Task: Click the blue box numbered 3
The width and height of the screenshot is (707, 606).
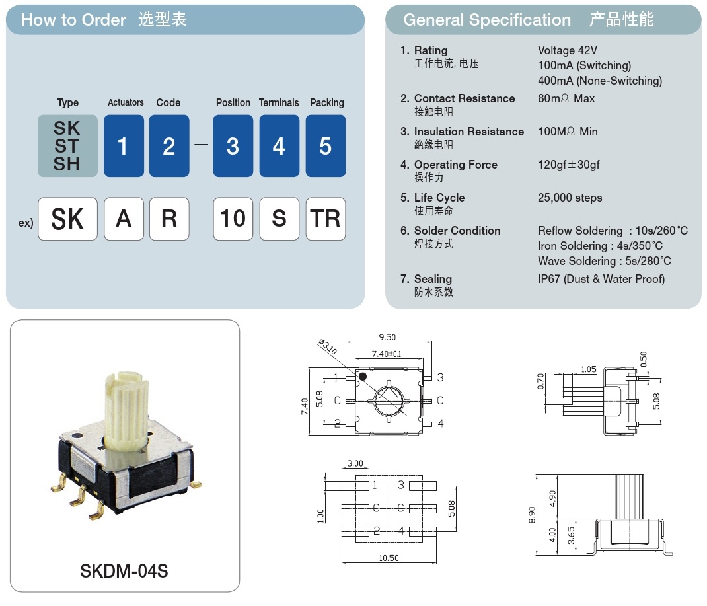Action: point(233,146)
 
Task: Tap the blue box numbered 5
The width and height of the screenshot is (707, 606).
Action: point(325,146)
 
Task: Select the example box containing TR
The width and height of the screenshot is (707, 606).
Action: point(325,219)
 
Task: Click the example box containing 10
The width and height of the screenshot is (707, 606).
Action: point(233,219)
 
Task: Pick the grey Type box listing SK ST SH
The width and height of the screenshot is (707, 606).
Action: point(67,146)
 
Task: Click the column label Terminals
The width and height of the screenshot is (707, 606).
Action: point(279,103)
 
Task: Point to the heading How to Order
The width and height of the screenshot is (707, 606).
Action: point(73,20)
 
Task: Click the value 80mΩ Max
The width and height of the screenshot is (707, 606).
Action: point(566,98)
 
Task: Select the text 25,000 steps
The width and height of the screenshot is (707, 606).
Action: point(570,198)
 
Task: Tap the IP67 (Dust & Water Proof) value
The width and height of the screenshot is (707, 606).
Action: point(601,279)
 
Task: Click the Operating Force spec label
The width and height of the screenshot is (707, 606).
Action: point(455,165)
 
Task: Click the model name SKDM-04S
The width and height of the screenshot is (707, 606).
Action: point(124,570)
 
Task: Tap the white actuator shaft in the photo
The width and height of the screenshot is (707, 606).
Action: point(124,410)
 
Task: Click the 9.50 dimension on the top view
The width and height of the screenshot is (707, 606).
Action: point(387,337)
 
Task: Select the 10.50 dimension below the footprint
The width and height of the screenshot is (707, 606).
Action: point(389,558)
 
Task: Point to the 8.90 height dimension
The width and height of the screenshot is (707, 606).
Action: point(533,515)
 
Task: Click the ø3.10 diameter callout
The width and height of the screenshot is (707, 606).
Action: point(328,346)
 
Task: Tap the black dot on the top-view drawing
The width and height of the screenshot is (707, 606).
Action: point(362,376)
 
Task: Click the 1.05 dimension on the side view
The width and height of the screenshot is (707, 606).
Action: point(588,369)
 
